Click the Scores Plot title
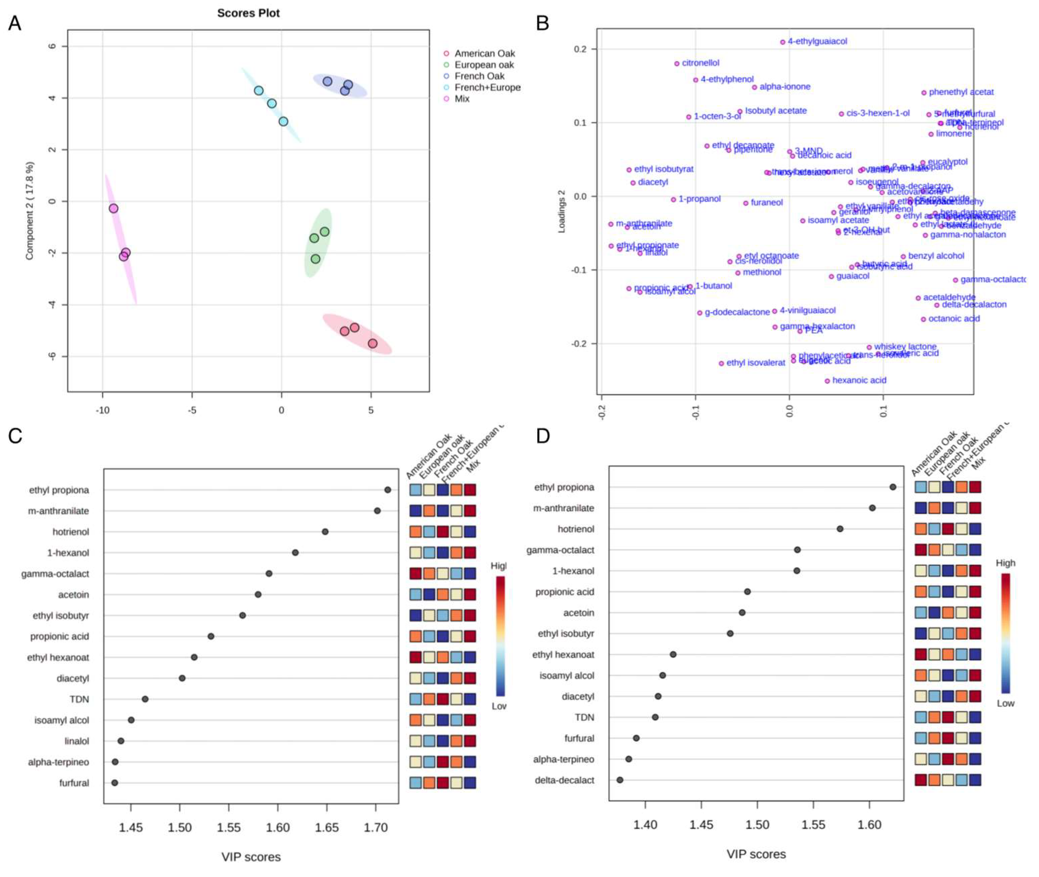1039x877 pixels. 248,13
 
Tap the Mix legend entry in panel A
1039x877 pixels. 462,99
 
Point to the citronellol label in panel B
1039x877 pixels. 700,63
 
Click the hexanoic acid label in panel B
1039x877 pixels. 859,380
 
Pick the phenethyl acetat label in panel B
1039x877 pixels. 960,92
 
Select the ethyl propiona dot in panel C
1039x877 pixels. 388,490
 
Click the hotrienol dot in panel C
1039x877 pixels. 325,531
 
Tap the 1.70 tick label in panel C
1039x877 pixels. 375,827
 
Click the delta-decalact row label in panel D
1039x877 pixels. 564,780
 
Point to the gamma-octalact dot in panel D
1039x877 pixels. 797,549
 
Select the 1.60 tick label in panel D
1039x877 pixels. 869,825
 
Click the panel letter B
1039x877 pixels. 543,23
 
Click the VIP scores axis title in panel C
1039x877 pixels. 251,857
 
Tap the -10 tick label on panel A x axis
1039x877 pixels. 102,410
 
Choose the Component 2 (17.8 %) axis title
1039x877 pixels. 30,210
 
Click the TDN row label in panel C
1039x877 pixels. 79,699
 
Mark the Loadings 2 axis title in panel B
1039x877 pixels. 562,211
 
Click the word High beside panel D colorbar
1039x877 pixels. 1005,563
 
